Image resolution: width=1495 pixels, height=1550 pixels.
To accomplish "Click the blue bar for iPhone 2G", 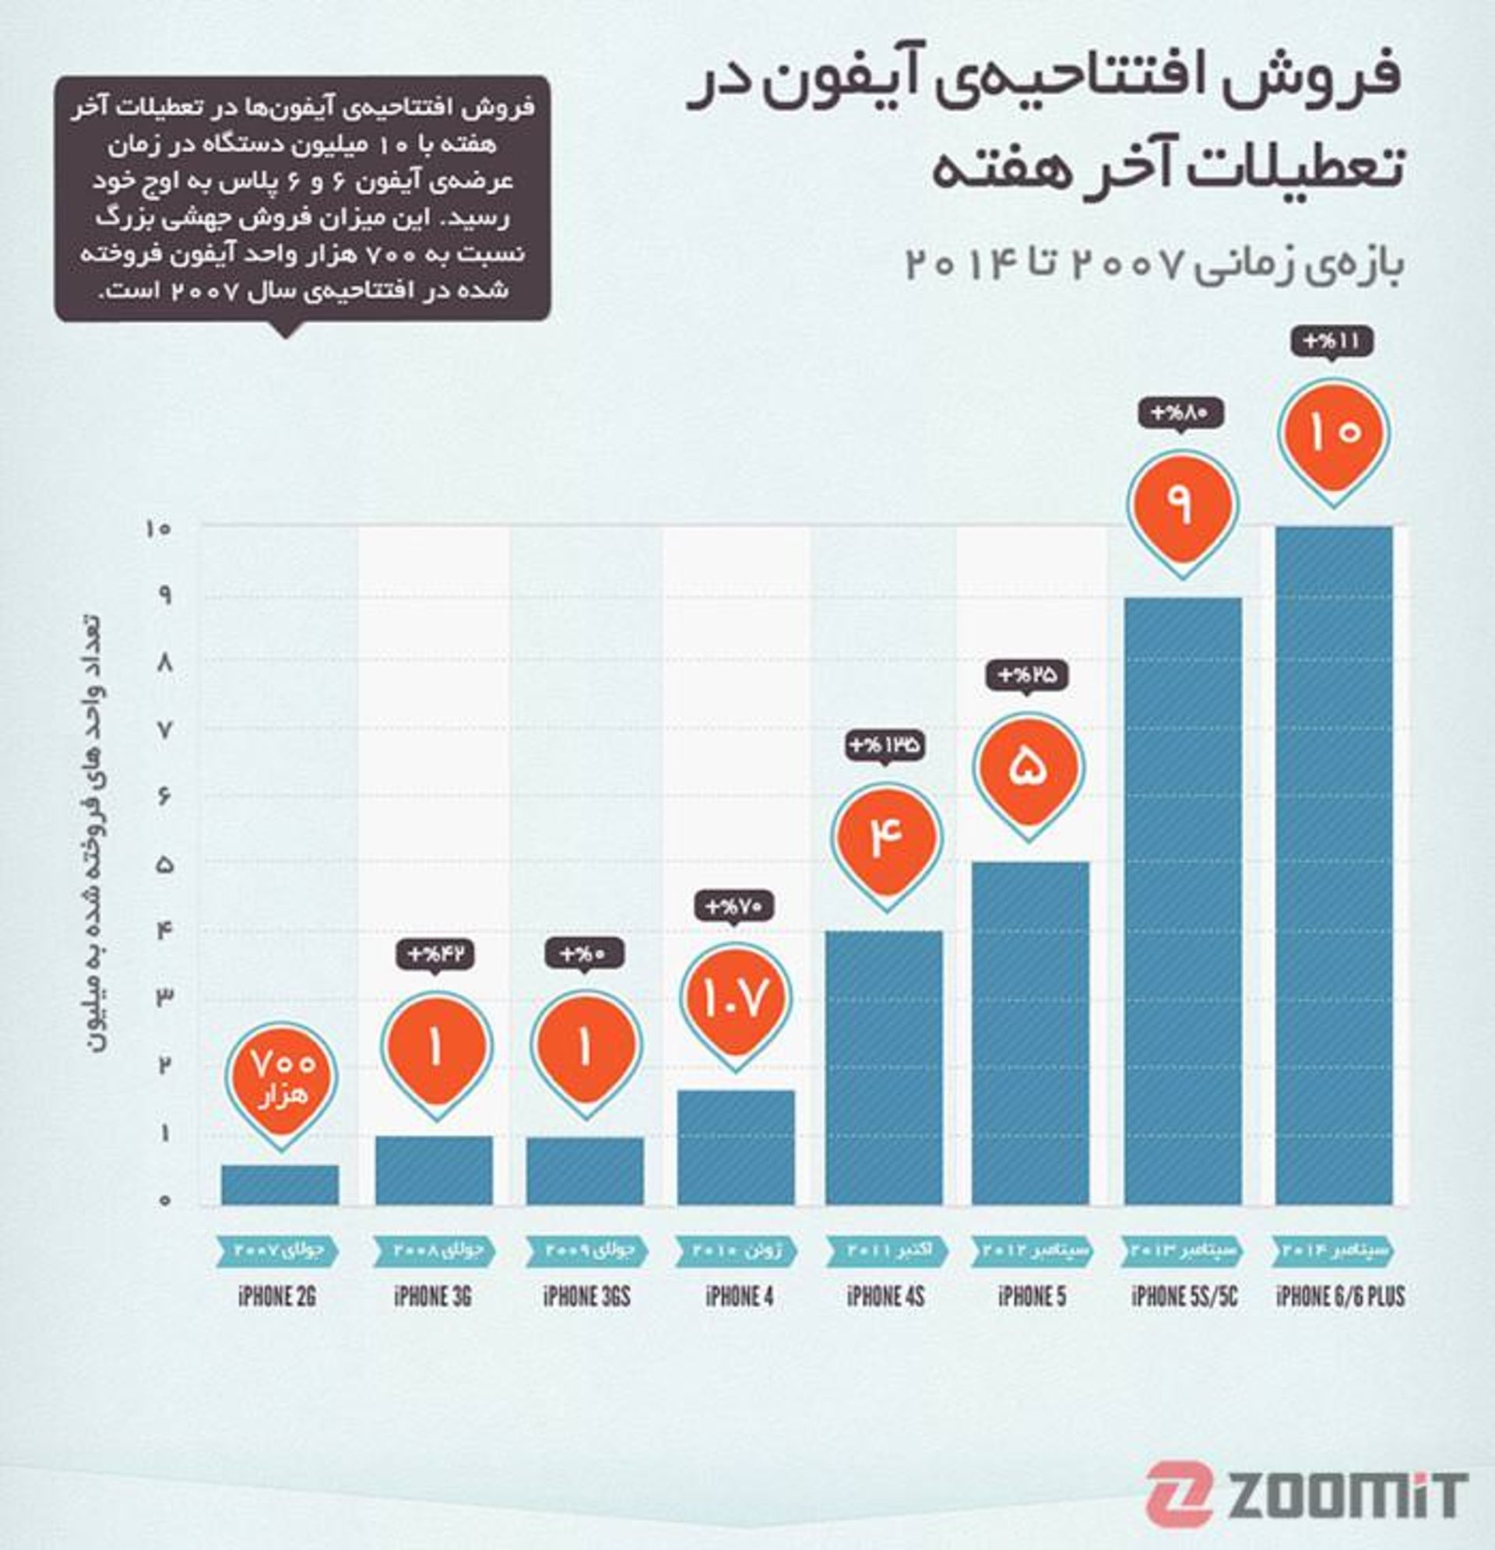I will click(x=280, y=1185).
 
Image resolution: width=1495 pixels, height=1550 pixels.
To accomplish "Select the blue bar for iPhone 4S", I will click(x=885, y=1067).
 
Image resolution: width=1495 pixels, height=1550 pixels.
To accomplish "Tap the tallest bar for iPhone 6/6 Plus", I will click(x=1334, y=866).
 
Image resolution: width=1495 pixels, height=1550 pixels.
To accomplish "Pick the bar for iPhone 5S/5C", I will click(x=1183, y=902).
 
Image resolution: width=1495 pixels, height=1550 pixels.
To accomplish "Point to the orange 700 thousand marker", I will click(x=282, y=1078).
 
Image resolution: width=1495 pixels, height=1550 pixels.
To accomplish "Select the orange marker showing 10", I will click(x=1334, y=434).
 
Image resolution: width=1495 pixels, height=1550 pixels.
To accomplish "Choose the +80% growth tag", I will click(x=1182, y=413).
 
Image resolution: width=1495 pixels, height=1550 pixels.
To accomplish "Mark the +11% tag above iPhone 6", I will click(x=1332, y=342).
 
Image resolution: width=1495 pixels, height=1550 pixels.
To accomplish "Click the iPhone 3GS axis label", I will click(x=587, y=1297).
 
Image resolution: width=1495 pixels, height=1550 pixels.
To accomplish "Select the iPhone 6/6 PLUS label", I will click(x=1340, y=1297).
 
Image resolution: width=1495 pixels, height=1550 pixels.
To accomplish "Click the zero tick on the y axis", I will click(x=164, y=1200).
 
